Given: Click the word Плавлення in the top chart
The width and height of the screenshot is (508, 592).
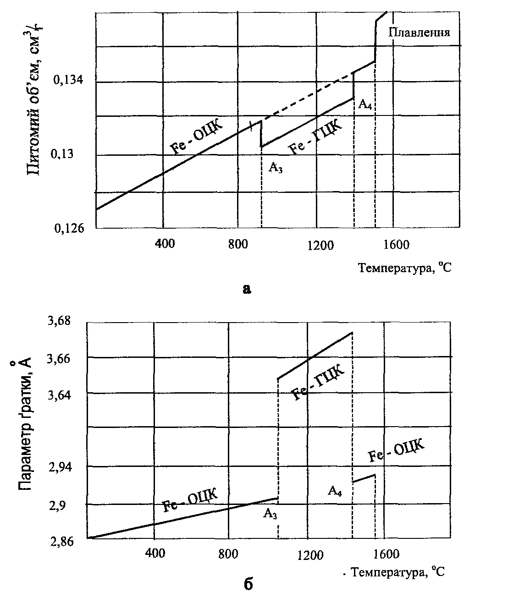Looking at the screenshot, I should [x=419, y=33].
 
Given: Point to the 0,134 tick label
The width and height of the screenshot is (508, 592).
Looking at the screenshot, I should [x=68, y=81].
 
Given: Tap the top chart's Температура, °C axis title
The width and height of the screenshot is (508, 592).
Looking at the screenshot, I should [x=405, y=268].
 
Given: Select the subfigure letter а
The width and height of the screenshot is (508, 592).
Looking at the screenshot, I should [x=247, y=288].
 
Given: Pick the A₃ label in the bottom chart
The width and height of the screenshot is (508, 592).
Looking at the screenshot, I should [x=270, y=514].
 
